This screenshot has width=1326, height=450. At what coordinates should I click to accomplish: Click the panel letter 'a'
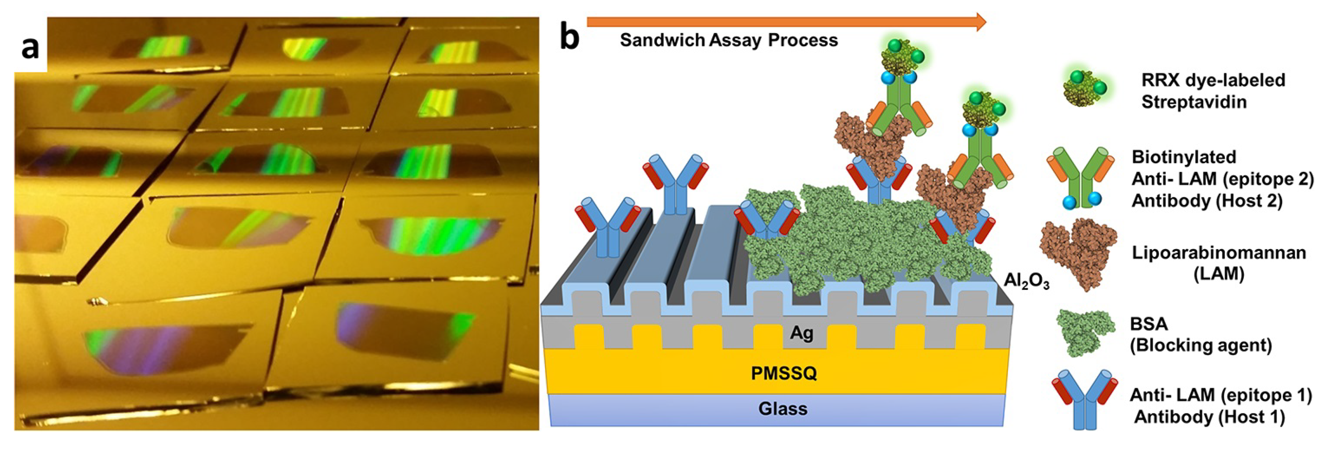click(x=30, y=49)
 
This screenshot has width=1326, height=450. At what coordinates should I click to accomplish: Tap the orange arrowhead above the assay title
click(x=980, y=22)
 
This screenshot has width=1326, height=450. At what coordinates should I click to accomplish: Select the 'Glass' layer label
click(x=782, y=409)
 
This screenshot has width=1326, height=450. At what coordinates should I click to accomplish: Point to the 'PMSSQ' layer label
click(x=783, y=373)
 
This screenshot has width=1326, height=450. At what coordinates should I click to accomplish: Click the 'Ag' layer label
click(x=801, y=333)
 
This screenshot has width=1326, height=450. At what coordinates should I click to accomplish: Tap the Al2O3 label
click(x=1026, y=282)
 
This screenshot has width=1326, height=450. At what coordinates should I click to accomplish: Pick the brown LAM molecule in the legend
click(x=1078, y=252)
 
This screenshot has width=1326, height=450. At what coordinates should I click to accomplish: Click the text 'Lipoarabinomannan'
click(x=1218, y=253)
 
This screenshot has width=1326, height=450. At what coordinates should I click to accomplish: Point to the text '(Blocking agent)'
click(x=1200, y=345)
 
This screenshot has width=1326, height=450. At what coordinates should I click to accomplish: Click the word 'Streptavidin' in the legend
click(x=1194, y=102)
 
